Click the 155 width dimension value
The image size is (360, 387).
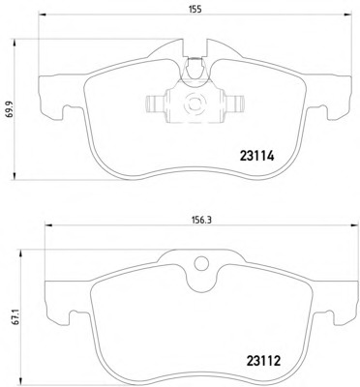click(195, 10)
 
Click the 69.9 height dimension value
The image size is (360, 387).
click(10, 108)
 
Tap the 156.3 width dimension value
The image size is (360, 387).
click(201, 220)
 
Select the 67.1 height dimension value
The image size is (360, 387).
click(17, 317)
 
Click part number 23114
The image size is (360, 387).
click(256, 157)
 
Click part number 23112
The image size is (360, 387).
click(263, 361)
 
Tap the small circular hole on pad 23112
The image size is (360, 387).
click(201, 263)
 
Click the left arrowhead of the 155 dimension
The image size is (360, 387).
click(43, 15)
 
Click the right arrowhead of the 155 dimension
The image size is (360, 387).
click(347, 15)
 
